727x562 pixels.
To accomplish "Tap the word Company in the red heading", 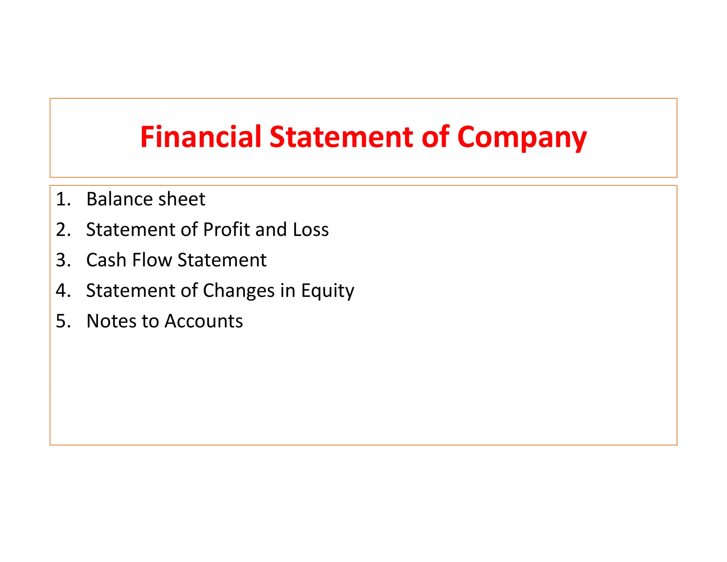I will [x=522, y=138].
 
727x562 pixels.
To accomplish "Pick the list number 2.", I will [x=63, y=229].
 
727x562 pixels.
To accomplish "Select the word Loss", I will [x=311, y=229].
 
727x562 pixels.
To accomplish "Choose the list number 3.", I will [x=63, y=260].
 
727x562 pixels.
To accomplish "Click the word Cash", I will [x=106, y=260].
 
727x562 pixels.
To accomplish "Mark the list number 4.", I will [x=63, y=291].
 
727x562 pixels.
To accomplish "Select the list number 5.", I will [x=63, y=321].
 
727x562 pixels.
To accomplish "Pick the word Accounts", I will [x=204, y=321].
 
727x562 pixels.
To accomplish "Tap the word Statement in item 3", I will [x=222, y=260].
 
